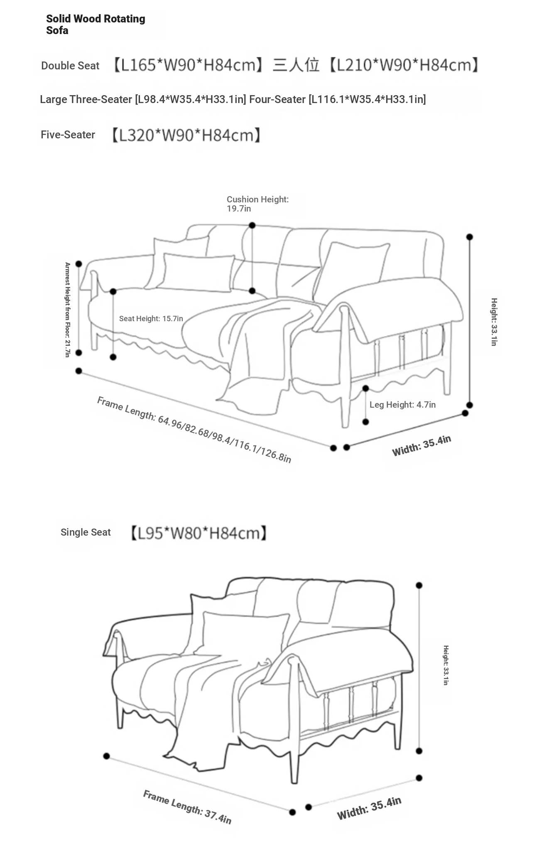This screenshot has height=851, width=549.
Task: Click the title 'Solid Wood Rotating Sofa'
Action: (x=96, y=25)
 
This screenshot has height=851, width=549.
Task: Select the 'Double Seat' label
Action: (x=70, y=66)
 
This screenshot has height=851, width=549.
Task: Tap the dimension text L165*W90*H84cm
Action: (x=188, y=65)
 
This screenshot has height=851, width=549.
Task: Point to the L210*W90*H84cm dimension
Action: (x=403, y=65)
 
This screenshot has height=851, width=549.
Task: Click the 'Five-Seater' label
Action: (x=68, y=135)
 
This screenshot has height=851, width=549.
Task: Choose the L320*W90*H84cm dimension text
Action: (x=186, y=135)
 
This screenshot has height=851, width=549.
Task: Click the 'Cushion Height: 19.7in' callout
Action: (x=257, y=204)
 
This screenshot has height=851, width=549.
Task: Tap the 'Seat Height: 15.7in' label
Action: (x=151, y=319)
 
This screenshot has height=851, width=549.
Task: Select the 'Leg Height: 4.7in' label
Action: (x=402, y=405)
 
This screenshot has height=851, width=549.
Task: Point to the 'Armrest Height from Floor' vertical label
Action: (x=67, y=310)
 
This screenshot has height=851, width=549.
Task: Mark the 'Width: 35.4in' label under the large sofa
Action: (x=422, y=446)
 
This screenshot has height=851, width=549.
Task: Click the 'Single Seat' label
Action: (x=86, y=532)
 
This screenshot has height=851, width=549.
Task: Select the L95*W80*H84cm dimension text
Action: (x=199, y=533)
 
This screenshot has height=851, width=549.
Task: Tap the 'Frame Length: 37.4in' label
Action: (x=187, y=807)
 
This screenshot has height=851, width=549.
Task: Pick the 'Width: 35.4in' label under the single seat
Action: (x=369, y=808)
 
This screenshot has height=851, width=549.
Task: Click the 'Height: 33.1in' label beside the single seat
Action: (x=446, y=665)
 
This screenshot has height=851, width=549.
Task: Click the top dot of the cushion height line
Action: (x=252, y=225)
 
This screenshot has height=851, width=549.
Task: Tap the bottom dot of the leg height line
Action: (x=365, y=422)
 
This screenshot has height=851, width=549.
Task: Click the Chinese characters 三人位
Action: (x=296, y=65)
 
